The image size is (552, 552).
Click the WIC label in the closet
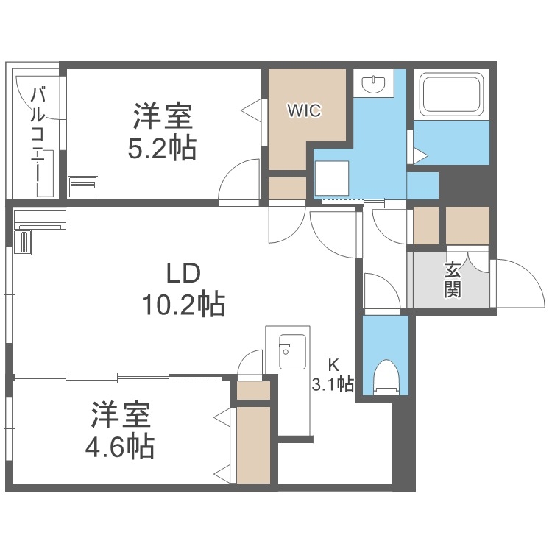pos(303,110)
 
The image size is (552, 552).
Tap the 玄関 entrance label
pos(453,280)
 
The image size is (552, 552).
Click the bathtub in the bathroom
pos(450,94)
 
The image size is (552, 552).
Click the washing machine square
pos(332,177)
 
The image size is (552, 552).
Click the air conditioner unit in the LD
pos(40,219)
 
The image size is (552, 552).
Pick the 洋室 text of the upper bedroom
pos(163,118)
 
